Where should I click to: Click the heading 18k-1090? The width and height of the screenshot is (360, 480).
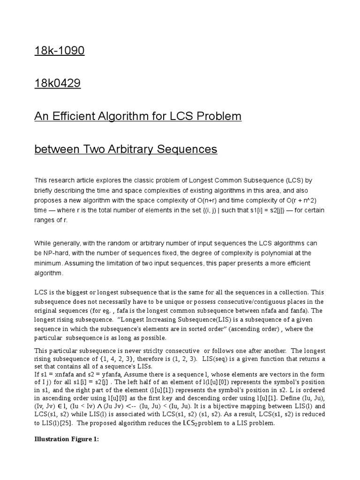60,51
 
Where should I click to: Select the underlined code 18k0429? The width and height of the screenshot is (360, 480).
58,83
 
